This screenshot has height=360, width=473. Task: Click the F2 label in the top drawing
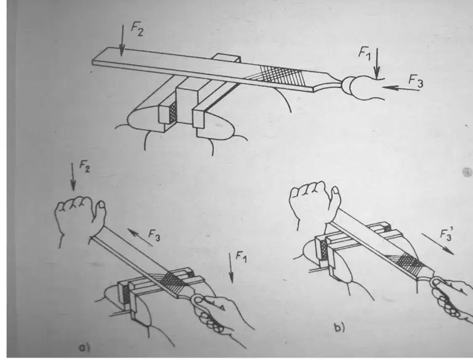(x=137, y=30)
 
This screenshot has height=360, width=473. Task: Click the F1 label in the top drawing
(x=365, y=53)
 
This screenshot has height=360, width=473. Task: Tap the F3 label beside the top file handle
(x=416, y=81)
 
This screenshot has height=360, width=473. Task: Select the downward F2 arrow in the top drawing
(x=122, y=41)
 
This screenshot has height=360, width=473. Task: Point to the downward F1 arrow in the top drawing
(x=376, y=63)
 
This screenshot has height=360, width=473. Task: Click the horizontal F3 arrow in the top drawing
(x=400, y=88)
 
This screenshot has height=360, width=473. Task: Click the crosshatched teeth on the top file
(x=280, y=73)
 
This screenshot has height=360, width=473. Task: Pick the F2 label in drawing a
(x=84, y=166)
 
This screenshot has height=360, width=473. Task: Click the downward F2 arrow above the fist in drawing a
(x=73, y=178)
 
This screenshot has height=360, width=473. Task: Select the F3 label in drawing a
(x=154, y=235)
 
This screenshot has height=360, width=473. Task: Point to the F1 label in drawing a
(x=241, y=257)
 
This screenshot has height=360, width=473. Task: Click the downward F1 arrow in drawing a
(x=231, y=268)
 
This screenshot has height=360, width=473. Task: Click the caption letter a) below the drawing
(x=84, y=348)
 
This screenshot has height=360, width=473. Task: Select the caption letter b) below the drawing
(x=340, y=328)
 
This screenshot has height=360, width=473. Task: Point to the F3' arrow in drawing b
(x=438, y=243)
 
